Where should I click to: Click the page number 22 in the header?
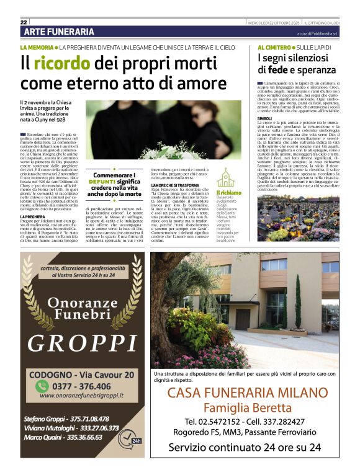click(x=24, y=22)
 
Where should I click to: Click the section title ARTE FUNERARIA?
click(x=59, y=32)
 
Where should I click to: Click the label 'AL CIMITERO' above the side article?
click(x=274, y=47)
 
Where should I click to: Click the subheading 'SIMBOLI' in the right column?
click(x=264, y=118)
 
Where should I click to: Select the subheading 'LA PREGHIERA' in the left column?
click(x=34, y=216)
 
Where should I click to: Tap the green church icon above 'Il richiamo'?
click(x=225, y=177)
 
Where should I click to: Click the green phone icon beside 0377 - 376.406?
click(x=43, y=385)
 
